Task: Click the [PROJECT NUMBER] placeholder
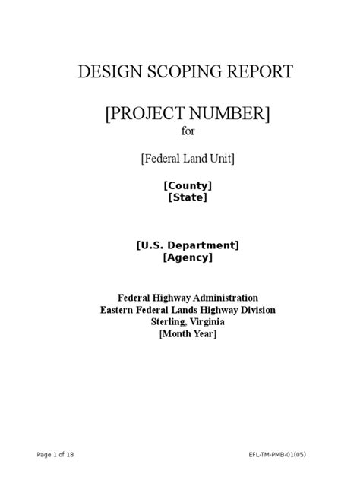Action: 187,115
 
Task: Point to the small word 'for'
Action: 187,133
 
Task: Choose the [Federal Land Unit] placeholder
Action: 187,158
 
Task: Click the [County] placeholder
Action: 188,185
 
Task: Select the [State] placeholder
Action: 188,197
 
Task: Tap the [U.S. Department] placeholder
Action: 188,245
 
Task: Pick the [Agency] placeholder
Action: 188,257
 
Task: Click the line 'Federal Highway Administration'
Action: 188,297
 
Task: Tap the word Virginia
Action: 207,321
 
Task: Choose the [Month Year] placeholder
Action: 188,334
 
